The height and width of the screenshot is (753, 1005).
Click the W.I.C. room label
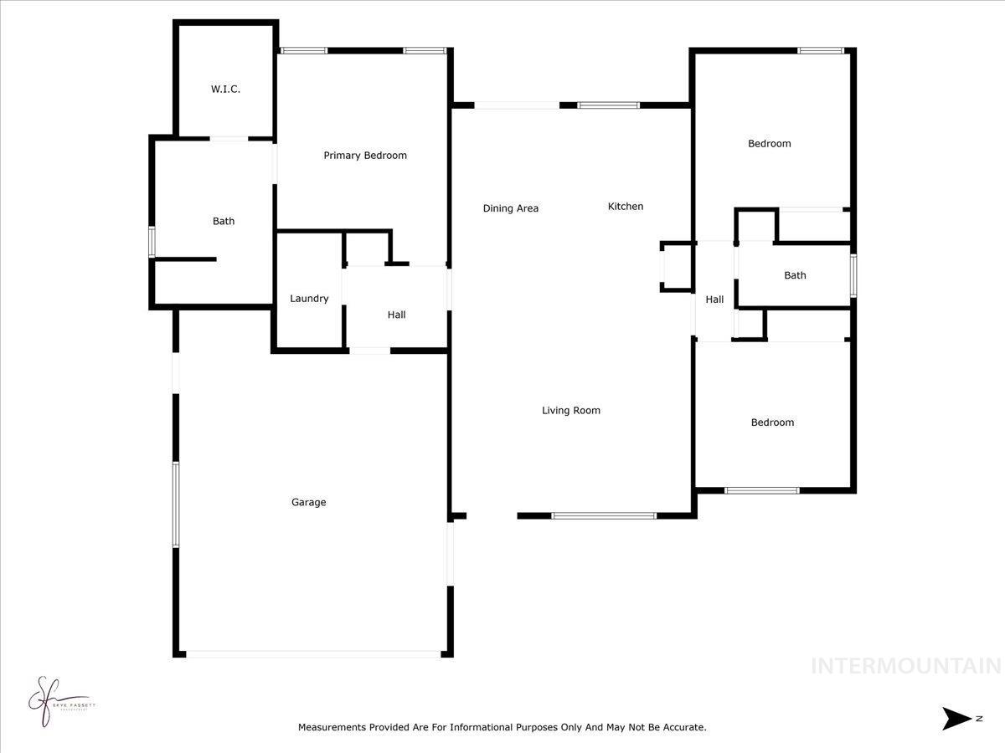(225, 89)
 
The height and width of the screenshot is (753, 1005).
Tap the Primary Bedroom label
(365, 155)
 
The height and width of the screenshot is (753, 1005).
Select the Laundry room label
(309, 299)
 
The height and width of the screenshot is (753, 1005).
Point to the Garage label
(308, 502)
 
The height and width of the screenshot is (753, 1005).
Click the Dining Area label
(510, 208)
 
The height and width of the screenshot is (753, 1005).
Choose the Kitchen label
(625, 206)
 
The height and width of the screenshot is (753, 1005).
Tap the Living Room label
(570, 410)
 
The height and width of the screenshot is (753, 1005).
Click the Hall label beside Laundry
(396, 315)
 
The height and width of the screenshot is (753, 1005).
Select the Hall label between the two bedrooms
(714, 300)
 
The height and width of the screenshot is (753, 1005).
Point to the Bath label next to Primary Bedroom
(223, 221)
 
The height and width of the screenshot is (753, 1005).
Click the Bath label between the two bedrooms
(795, 275)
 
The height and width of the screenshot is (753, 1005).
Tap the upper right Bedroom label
(769, 143)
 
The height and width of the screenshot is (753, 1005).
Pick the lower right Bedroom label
(771, 423)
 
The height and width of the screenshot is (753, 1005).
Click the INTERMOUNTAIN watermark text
(905, 666)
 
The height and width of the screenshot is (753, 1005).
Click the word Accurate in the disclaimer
(684, 728)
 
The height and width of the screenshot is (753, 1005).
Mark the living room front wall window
(603, 515)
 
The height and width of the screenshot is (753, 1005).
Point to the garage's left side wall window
(176, 504)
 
